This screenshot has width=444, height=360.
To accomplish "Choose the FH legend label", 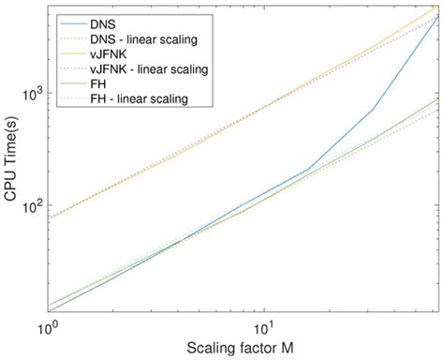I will click(x=99, y=83).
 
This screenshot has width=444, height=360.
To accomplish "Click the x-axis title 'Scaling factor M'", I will click(x=242, y=348).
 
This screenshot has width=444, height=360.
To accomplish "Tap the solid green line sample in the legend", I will click(x=70, y=83).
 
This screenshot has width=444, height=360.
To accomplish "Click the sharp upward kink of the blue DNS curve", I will click(x=373, y=108).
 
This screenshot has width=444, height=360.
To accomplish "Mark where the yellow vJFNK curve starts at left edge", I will click(x=47, y=218).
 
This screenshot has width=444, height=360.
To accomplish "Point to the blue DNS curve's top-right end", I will click(x=437, y=17).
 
